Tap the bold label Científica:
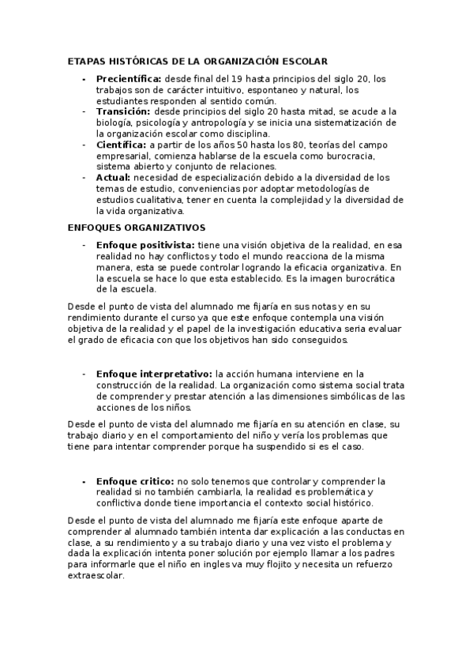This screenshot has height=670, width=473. tap(121, 145)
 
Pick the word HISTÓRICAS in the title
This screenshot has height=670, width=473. tap(139, 60)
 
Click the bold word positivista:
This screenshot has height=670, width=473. tap(167, 246)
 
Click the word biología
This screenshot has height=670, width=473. tap(114, 123)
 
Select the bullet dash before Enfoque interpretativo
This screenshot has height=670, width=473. tap(84, 374)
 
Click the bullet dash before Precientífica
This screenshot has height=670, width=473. tap(84, 79)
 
